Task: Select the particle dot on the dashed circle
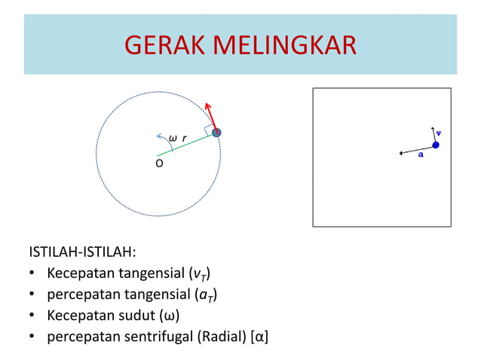point(216,133)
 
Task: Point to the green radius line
point(188,143)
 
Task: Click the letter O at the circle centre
point(159,162)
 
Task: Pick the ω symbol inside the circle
point(173,139)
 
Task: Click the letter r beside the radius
point(184,139)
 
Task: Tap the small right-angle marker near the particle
point(208,130)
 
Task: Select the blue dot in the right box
point(435,145)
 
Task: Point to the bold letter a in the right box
point(421,156)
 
